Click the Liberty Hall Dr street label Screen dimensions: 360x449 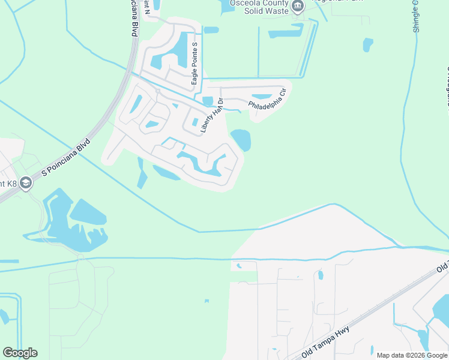[211, 115]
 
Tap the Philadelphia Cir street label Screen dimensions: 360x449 [268, 101]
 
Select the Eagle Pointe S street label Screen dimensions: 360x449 [194, 66]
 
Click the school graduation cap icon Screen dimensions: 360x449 [25, 182]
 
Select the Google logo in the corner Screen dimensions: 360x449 [20, 353]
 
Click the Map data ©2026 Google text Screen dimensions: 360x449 [412, 355]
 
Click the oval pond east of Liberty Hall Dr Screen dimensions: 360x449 [241, 140]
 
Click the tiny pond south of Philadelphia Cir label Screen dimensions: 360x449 [208, 100]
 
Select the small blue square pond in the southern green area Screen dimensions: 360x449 [206, 301]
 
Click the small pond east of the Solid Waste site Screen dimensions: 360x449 [367, 44]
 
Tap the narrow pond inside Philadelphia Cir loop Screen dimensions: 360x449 [261, 96]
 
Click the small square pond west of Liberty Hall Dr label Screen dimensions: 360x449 [195, 122]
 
